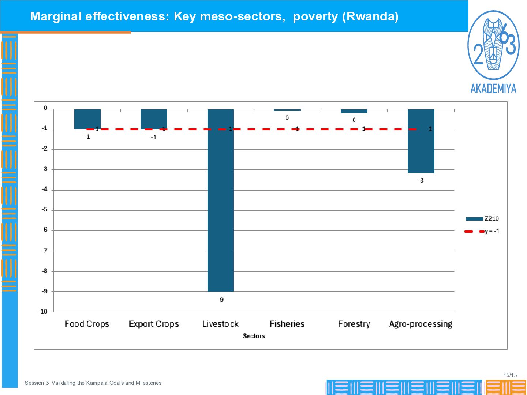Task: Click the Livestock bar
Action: pyautogui.click(x=220, y=200)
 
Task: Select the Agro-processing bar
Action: pyautogui.click(x=421, y=141)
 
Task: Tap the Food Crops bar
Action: pyautogui.click(x=87, y=119)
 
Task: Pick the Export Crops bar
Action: pyautogui.click(x=154, y=119)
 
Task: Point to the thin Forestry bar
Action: pyautogui.click(x=354, y=111)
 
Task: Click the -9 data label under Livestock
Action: pyautogui.click(x=221, y=300)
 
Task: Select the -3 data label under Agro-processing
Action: pyautogui.click(x=421, y=181)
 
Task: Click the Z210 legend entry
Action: pyautogui.click(x=482, y=218)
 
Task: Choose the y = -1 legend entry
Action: pyautogui.click(x=482, y=232)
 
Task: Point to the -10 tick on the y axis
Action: pyautogui.click(x=43, y=312)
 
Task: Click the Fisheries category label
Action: pyautogui.click(x=287, y=324)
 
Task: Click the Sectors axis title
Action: pyautogui.click(x=254, y=336)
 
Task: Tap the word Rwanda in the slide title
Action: pyautogui.click(x=370, y=16)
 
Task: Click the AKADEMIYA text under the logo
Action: pyautogui.click(x=493, y=89)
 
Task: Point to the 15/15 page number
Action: pyautogui.click(x=510, y=375)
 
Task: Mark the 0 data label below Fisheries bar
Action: pyautogui.click(x=287, y=118)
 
